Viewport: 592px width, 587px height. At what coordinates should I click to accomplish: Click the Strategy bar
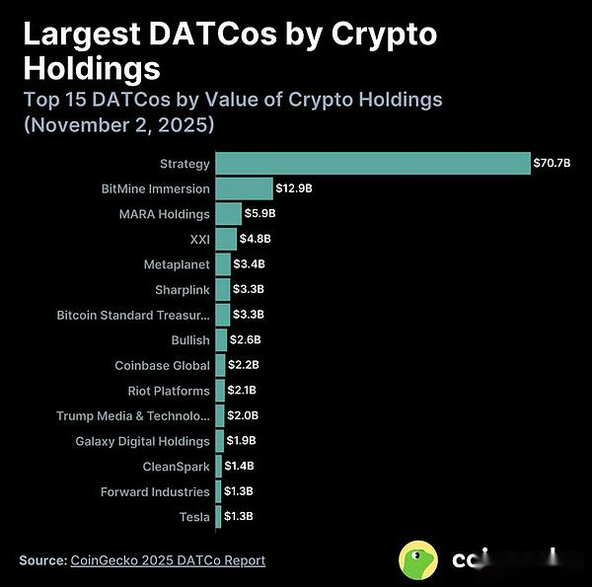click(x=372, y=163)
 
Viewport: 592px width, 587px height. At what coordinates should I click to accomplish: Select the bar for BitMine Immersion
click(x=244, y=188)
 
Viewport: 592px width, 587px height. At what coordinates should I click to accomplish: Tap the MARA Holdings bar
click(x=228, y=213)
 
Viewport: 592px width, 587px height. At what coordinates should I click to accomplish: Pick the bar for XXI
click(x=226, y=239)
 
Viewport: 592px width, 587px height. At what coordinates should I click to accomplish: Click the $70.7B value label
click(x=552, y=163)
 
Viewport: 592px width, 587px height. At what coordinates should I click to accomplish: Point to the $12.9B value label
click(x=294, y=188)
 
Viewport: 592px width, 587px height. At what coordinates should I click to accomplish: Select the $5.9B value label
click(x=260, y=213)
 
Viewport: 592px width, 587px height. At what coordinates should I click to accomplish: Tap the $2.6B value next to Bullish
click(x=247, y=339)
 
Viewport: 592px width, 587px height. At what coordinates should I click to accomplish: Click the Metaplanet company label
click(x=177, y=264)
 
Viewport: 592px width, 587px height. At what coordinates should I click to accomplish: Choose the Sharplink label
click(x=183, y=289)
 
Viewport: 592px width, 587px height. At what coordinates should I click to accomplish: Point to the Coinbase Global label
click(x=162, y=365)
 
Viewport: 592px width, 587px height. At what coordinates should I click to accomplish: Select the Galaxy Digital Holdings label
click(x=142, y=441)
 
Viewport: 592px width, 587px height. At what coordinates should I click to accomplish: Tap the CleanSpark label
click(x=177, y=467)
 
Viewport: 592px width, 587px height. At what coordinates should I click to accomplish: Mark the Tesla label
click(x=194, y=517)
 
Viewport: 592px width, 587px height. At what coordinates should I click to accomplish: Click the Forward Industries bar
click(x=218, y=491)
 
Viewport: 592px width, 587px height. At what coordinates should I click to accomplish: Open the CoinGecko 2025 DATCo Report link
click(x=168, y=560)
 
